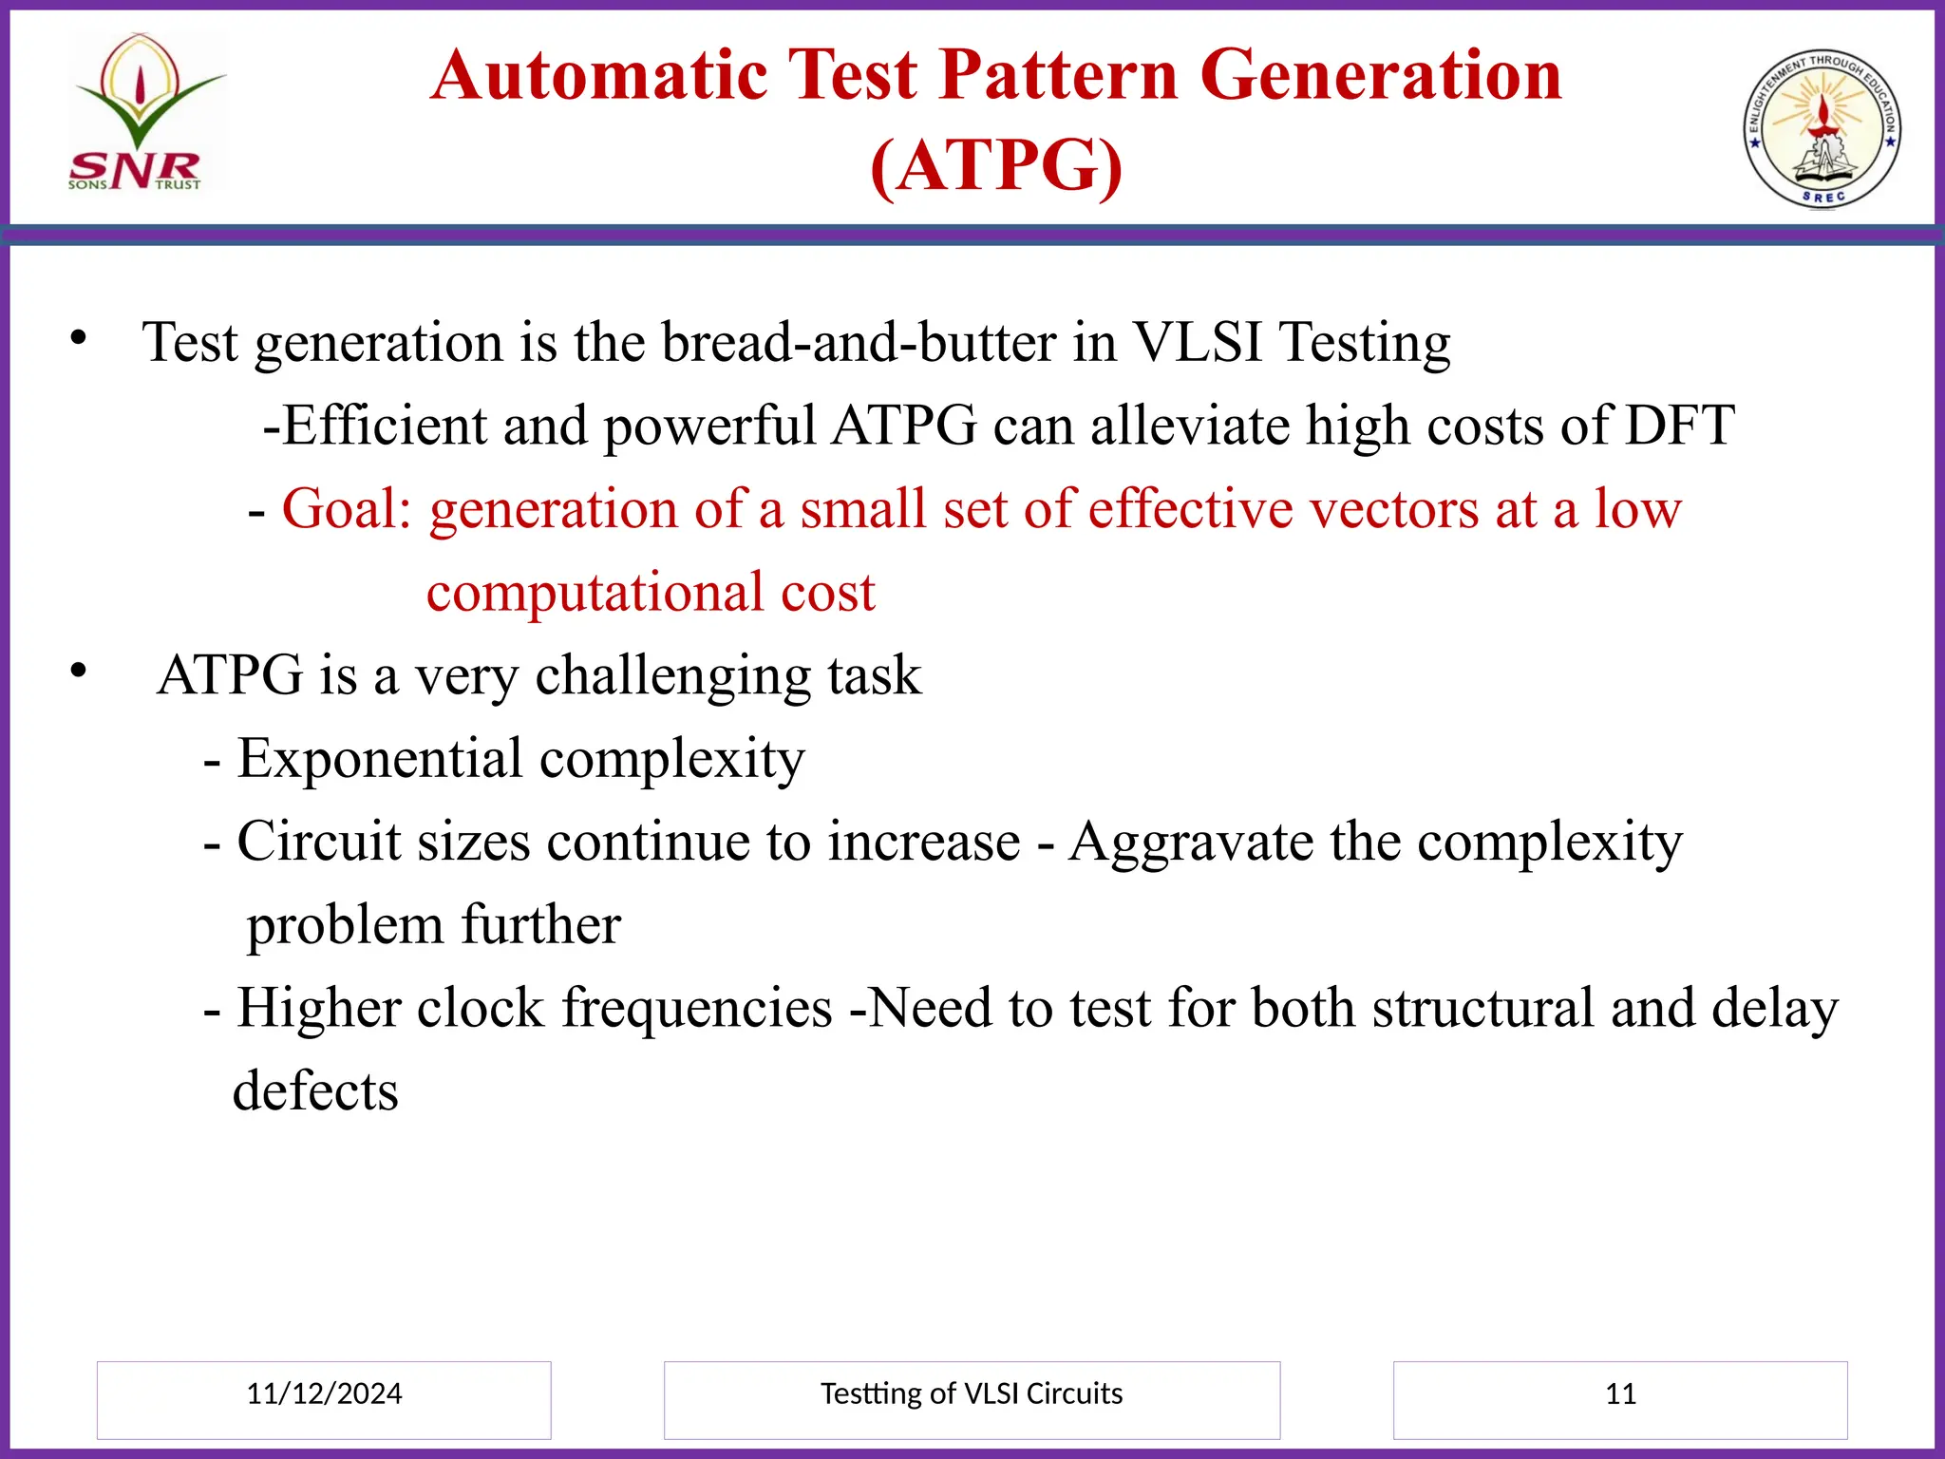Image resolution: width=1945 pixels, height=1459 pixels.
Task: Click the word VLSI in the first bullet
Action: pos(1199,342)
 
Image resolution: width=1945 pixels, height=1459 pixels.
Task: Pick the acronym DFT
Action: pos(1679,426)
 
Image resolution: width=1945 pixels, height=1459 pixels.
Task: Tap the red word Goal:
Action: pos(347,509)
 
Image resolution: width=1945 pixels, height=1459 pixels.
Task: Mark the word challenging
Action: pos(672,676)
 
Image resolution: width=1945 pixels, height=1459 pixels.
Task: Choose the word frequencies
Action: pos(697,1009)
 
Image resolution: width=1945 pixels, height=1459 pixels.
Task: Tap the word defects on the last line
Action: pos(315,1091)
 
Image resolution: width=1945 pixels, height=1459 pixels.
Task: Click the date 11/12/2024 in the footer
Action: pos(324,1393)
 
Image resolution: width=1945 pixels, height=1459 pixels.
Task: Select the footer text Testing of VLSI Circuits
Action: pos(971,1393)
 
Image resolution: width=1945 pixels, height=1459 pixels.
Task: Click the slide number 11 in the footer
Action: pos(1620,1393)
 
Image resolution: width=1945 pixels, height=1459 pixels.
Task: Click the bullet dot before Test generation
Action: pos(78,337)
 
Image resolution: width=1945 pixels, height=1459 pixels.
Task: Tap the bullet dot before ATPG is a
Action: pos(78,671)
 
